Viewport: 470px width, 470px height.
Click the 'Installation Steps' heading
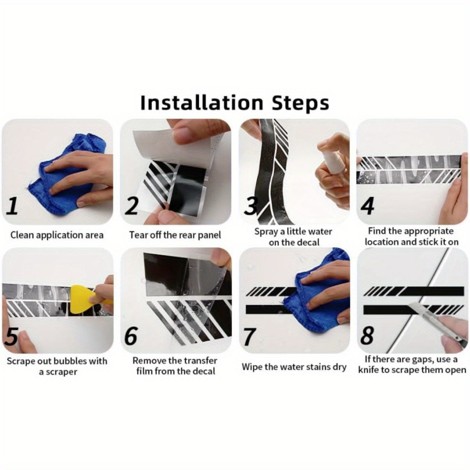(235, 103)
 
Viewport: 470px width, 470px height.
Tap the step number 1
(12, 206)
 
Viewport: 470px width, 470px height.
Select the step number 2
(131, 206)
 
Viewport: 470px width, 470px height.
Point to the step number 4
(367, 206)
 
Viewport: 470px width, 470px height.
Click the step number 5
(12, 336)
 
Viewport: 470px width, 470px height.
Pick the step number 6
(131, 336)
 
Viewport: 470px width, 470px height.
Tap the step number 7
(250, 336)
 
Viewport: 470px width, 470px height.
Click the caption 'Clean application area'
(57, 235)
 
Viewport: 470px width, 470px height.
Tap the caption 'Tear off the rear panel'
(175, 235)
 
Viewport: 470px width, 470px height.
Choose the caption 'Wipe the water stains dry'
(294, 367)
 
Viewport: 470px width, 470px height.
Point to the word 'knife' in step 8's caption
(368, 370)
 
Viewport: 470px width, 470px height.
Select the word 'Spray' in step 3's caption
(266, 232)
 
